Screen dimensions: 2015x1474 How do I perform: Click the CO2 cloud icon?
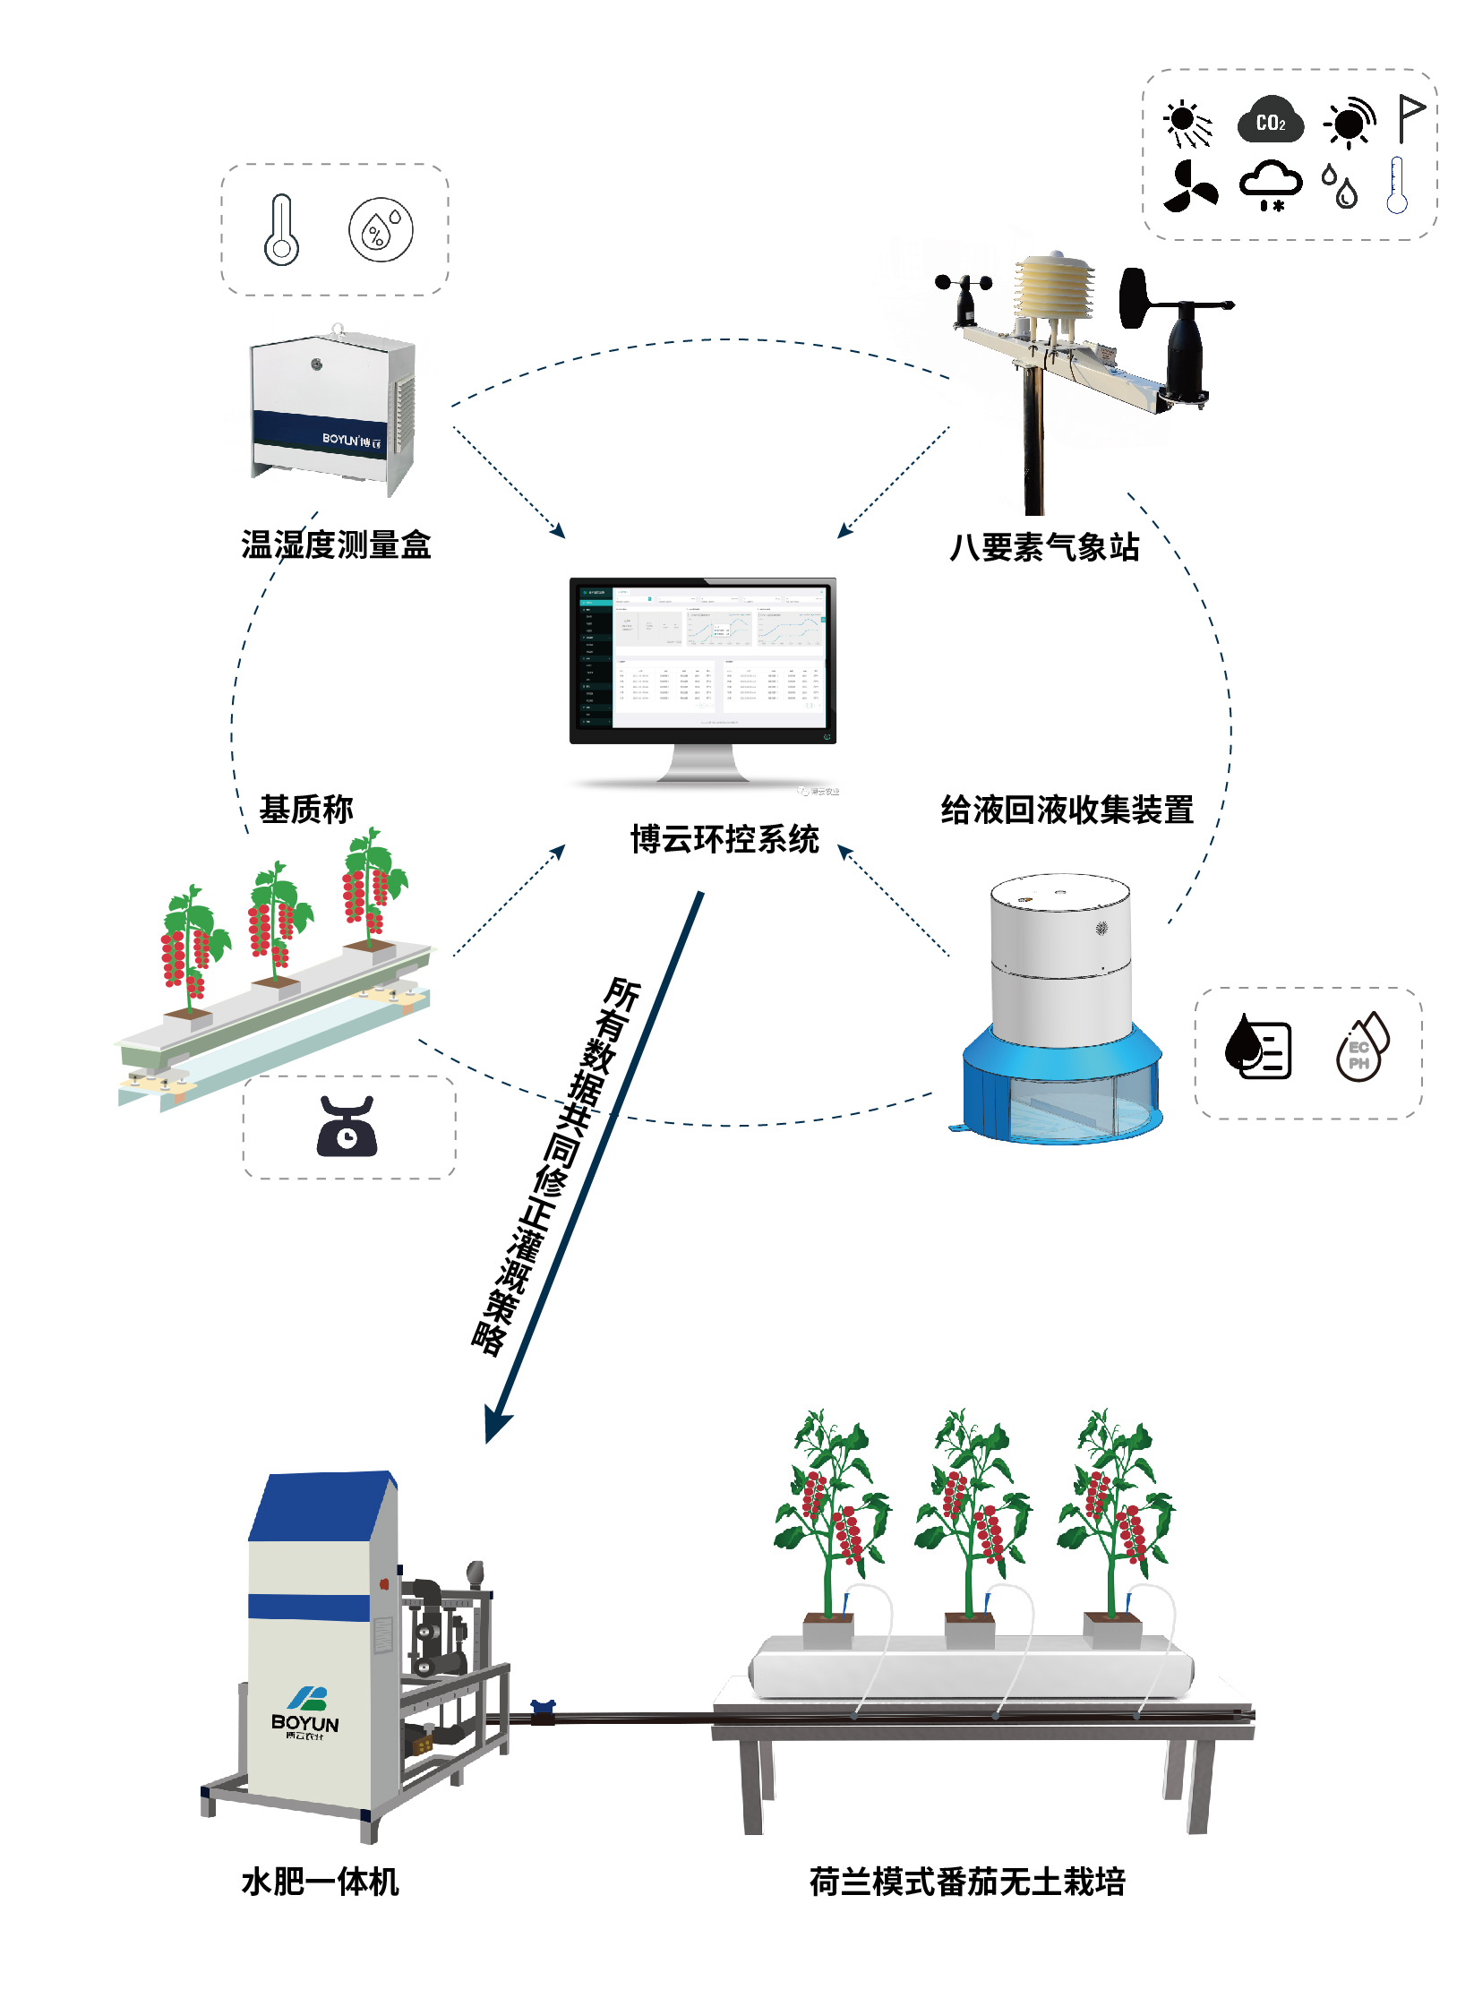pyautogui.click(x=1270, y=120)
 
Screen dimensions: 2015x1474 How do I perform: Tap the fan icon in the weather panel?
pyautogui.click(x=1189, y=187)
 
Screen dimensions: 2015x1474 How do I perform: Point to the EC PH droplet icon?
pyautogui.click(x=1360, y=1047)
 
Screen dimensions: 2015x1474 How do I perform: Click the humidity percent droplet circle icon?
pyautogui.click(x=381, y=229)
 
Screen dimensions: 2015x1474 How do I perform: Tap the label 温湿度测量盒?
pyautogui.click(x=336, y=544)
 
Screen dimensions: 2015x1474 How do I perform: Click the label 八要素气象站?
pyautogui.click(x=1044, y=547)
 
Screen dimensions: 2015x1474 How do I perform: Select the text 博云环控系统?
pyautogui.click(x=724, y=839)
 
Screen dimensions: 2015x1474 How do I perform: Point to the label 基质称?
pyautogui.click(x=306, y=809)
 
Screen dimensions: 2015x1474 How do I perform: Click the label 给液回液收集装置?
pyautogui.click(x=1067, y=810)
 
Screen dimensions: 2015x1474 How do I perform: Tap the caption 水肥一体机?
pyautogui.click(x=320, y=1882)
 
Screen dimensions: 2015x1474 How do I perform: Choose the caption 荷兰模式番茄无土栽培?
pyautogui.click(x=967, y=1882)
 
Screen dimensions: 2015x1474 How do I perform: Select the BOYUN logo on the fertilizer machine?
pyautogui.click(x=305, y=1711)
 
